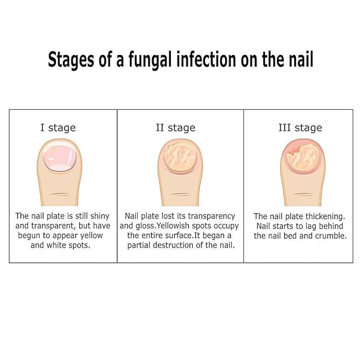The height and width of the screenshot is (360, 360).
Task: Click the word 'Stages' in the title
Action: click(x=71, y=60)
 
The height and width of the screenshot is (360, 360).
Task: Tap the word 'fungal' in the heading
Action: click(x=150, y=60)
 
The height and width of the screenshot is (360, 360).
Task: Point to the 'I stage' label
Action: click(x=58, y=128)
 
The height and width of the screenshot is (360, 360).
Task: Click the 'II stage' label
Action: click(x=175, y=128)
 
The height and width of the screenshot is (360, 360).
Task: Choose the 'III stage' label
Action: click(x=300, y=128)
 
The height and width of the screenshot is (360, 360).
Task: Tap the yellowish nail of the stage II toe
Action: click(x=180, y=157)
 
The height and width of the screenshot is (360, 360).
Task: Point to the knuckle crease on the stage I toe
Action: click(x=59, y=194)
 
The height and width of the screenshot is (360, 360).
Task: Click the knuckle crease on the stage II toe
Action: click(x=180, y=194)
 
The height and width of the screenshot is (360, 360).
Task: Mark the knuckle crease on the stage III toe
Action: click(x=303, y=194)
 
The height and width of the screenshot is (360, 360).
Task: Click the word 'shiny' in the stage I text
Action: click(x=100, y=216)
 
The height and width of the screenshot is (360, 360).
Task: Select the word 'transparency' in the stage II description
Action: click(x=212, y=216)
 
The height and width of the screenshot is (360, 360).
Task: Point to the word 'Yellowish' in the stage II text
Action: click(x=173, y=226)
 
